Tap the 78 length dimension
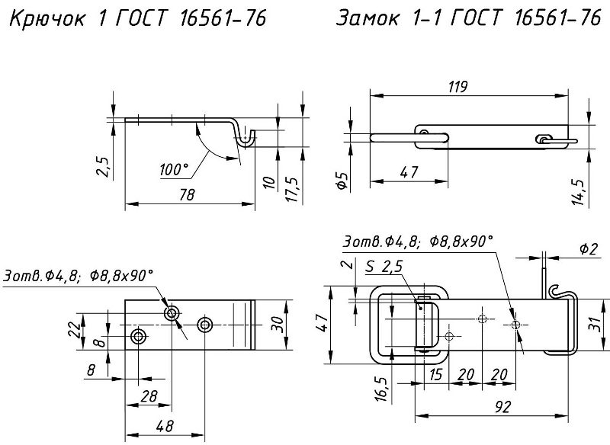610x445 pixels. [186, 195]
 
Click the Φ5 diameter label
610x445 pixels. [342, 181]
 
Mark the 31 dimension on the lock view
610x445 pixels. [597, 322]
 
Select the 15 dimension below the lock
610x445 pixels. [435, 375]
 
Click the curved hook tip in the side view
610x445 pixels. [246, 139]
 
